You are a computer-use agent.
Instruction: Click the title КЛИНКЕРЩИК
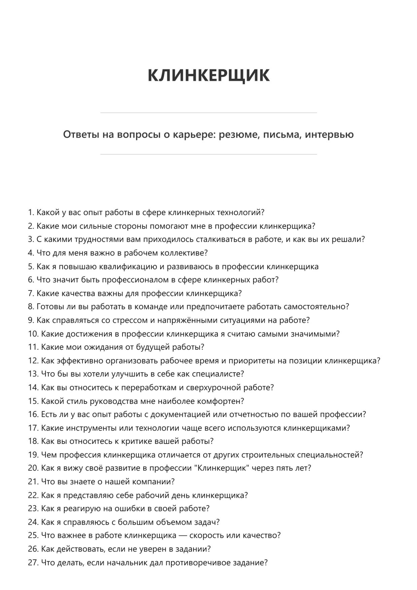coord(208,75)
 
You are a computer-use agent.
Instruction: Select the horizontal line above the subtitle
coord(208,113)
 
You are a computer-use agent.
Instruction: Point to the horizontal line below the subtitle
coord(208,154)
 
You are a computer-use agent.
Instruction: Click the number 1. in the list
coord(31,213)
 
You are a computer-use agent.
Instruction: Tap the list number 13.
coord(33,374)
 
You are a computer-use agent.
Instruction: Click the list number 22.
coord(33,495)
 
